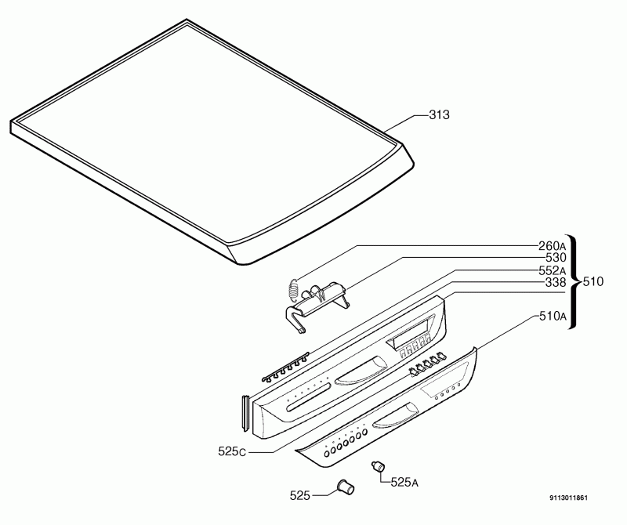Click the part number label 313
pyautogui.click(x=439, y=114)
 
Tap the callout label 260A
pyautogui.click(x=553, y=245)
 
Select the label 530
pyautogui.click(x=556, y=258)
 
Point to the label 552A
pyautogui.click(x=553, y=270)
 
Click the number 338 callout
pyautogui.click(x=556, y=283)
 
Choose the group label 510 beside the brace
pyautogui.click(x=593, y=282)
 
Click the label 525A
pyautogui.click(x=404, y=482)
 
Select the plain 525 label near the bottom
pyautogui.click(x=300, y=496)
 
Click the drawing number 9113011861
pyautogui.click(x=569, y=498)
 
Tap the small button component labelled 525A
pyautogui.click(x=378, y=465)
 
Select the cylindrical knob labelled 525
pyautogui.click(x=346, y=487)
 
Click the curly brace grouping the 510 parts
pyautogui.click(x=573, y=282)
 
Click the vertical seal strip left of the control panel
pyautogui.click(x=245, y=414)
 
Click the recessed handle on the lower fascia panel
pyautogui.click(x=396, y=416)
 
